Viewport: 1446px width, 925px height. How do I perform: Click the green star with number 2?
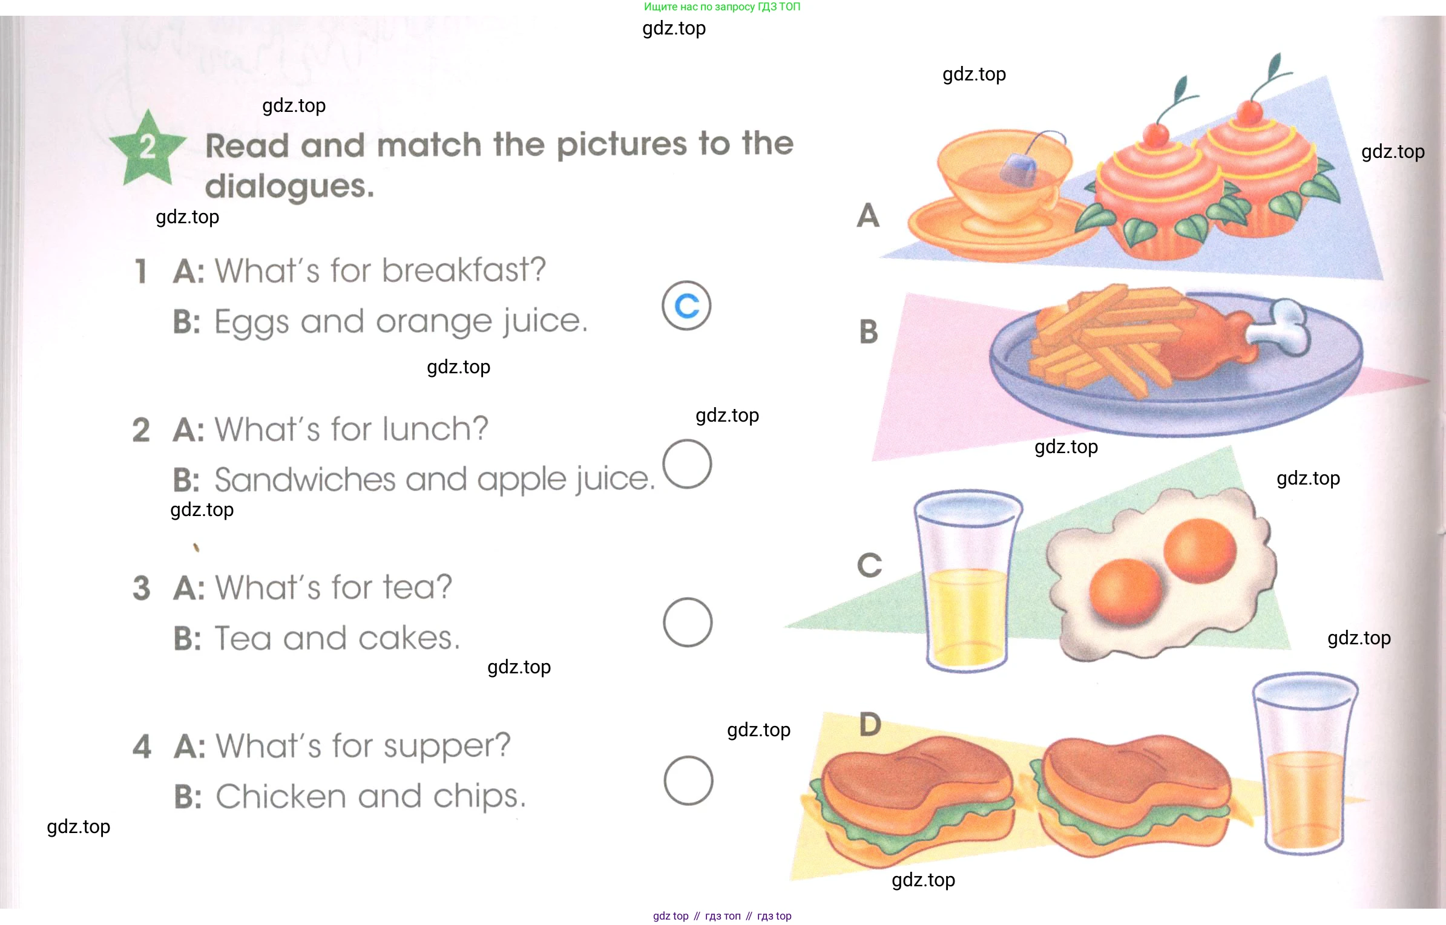click(147, 149)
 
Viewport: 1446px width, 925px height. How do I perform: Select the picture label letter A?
click(868, 215)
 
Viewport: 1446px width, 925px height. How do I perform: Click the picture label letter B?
click(869, 332)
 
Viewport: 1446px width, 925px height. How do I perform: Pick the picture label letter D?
click(870, 724)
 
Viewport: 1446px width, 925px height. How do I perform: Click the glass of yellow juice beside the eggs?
click(967, 581)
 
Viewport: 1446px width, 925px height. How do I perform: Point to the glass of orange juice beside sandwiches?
click(1304, 763)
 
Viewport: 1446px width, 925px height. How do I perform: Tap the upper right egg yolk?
click(1200, 551)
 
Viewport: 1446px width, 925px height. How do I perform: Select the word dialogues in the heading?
click(289, 186)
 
